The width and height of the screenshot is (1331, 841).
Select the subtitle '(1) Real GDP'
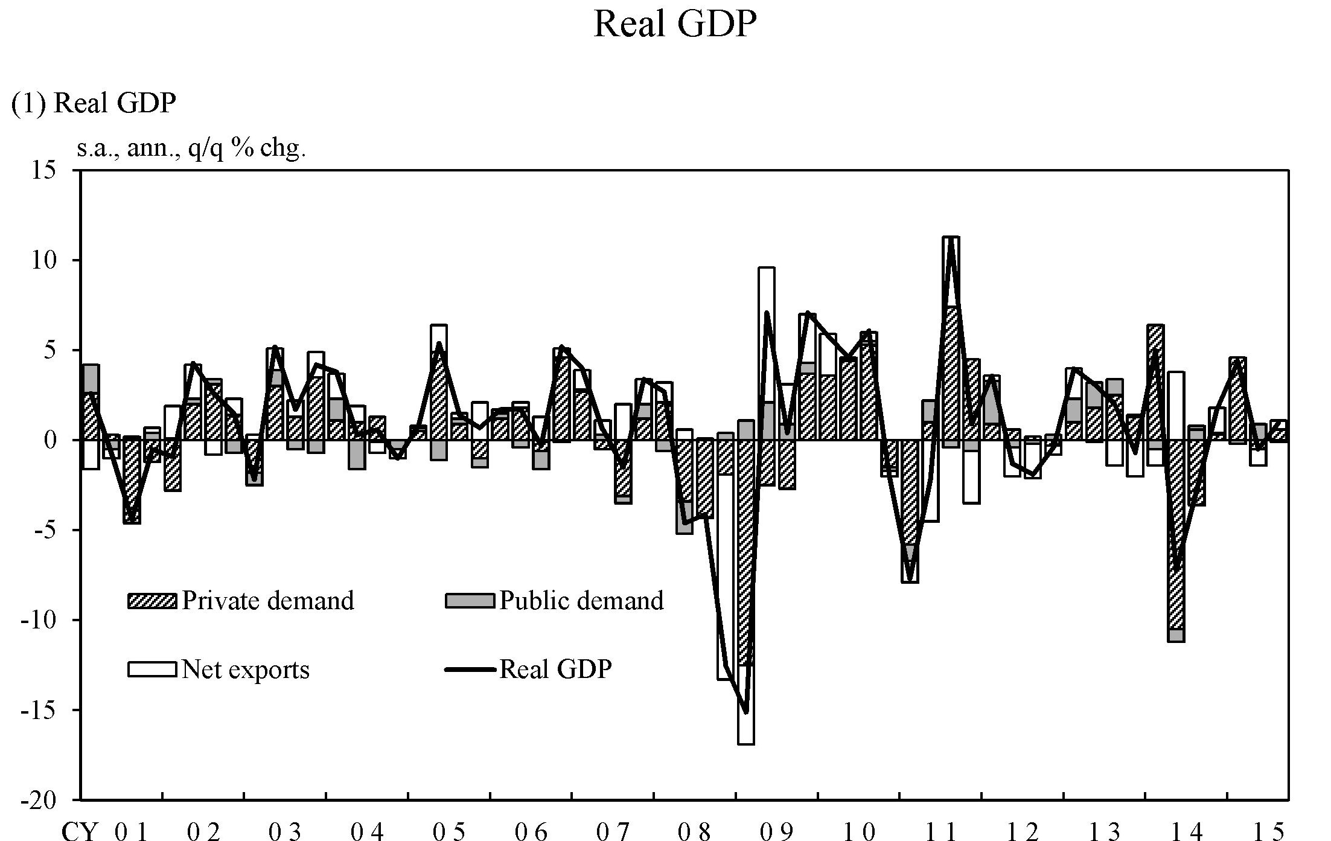(x=94, y=103)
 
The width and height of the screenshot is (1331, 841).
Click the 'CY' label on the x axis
(x=79, y=833)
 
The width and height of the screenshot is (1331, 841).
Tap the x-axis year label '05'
(x=449, y=833)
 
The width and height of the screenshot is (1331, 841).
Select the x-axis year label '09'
(x=776, y=833)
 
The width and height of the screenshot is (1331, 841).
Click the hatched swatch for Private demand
(x=152, y=601)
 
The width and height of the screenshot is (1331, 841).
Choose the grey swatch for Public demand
(x=470, y=601)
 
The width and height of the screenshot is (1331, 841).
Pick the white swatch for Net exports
(x=152, y=669)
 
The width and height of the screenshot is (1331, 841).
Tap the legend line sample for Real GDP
(x=470, y=669)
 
